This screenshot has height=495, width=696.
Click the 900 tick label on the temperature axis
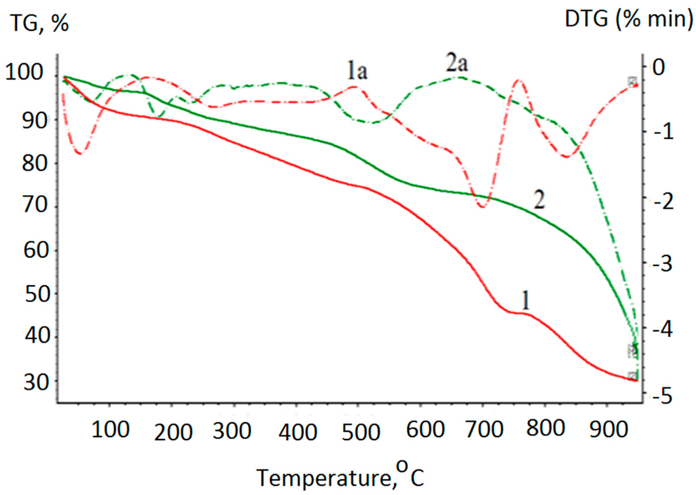tap(608, 429)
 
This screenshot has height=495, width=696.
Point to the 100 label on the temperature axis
tap(110, 429)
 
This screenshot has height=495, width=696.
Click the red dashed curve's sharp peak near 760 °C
tap(519, 80)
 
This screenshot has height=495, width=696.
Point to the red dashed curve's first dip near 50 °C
tap(80, 153)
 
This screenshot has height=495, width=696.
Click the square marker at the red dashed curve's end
tap(632, 82)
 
